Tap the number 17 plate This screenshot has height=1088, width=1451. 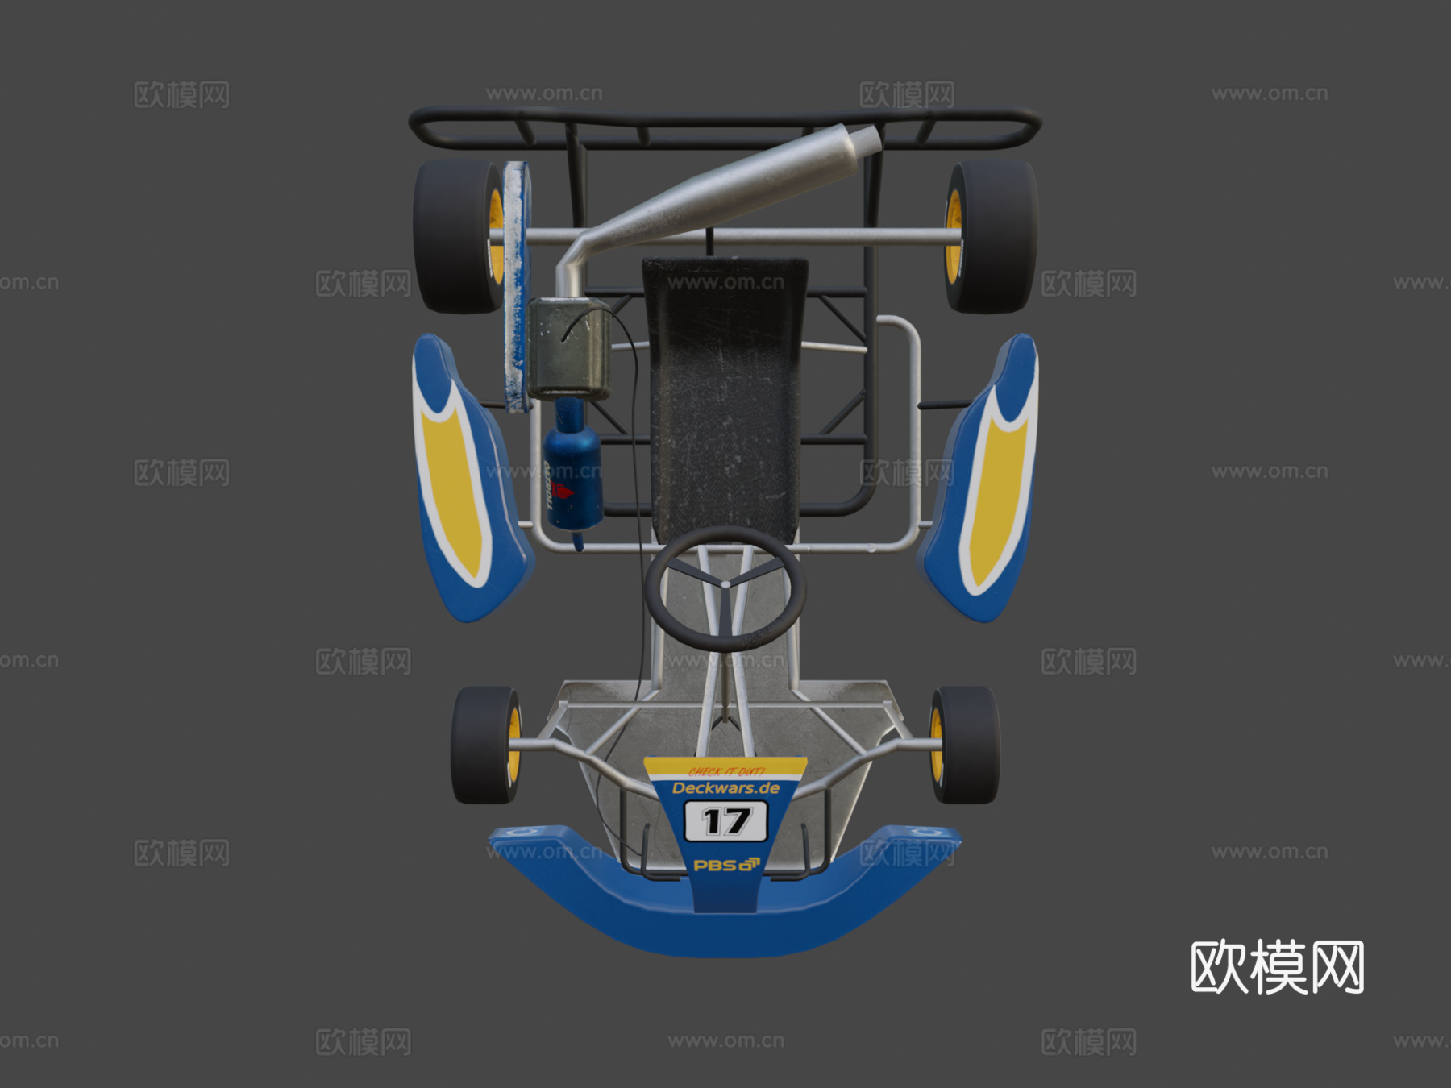(725, 822)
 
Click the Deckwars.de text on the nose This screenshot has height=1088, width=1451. (725, 788)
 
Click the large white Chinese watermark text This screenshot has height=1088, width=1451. (1277, 967)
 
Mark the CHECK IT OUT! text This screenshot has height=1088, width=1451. (725, 771)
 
